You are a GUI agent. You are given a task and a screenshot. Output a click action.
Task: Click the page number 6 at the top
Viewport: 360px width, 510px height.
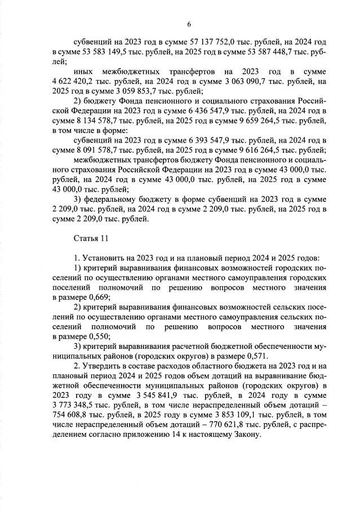point(189,24)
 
